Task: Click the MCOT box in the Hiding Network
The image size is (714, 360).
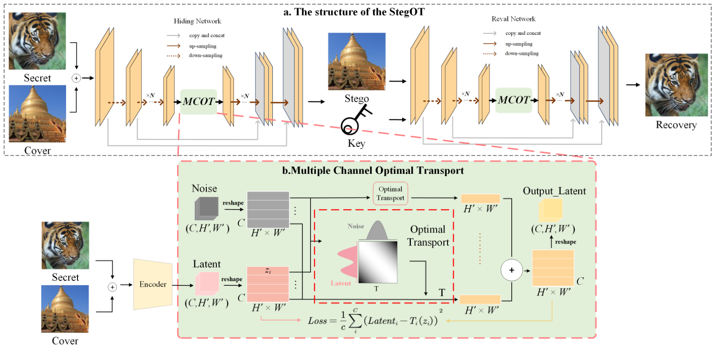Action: [199, 101]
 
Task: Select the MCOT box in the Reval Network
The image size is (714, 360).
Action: [514, 100]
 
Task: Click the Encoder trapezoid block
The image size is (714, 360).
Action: [153, 284]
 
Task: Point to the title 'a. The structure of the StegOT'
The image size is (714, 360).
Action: [354, 12]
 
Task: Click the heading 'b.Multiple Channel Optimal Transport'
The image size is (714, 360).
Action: [373, 171]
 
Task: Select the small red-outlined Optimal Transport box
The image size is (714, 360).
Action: [390, 194]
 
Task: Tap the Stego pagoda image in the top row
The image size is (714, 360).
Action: [356, 61]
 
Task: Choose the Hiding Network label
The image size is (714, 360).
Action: [197, 21]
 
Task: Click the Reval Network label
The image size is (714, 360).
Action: [513, 19]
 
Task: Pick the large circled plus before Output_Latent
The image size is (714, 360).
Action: [511, 270]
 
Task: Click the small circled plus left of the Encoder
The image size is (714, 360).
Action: [112, 287]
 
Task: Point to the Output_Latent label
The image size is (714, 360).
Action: [554, 191]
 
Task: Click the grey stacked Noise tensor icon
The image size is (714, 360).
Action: [205, 209]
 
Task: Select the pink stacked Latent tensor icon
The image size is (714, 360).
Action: [206, 283]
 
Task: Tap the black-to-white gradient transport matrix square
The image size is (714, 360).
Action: [377, 262]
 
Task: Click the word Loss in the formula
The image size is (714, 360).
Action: [317, 321]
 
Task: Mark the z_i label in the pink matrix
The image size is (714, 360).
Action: [268, 271]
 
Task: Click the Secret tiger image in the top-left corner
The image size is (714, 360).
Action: [37, 41]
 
